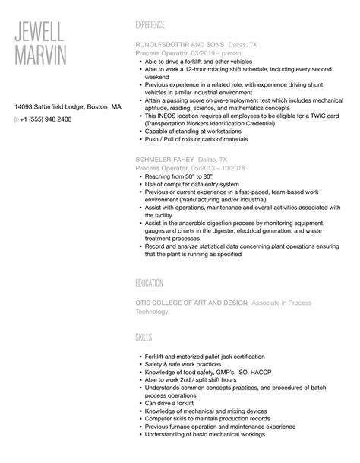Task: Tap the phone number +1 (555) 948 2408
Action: point(46,119)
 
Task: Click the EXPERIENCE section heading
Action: point(156,24)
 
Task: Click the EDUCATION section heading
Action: point(150,283)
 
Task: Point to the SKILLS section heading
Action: point(145,336)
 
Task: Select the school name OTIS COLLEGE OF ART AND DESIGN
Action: point(191,302)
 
